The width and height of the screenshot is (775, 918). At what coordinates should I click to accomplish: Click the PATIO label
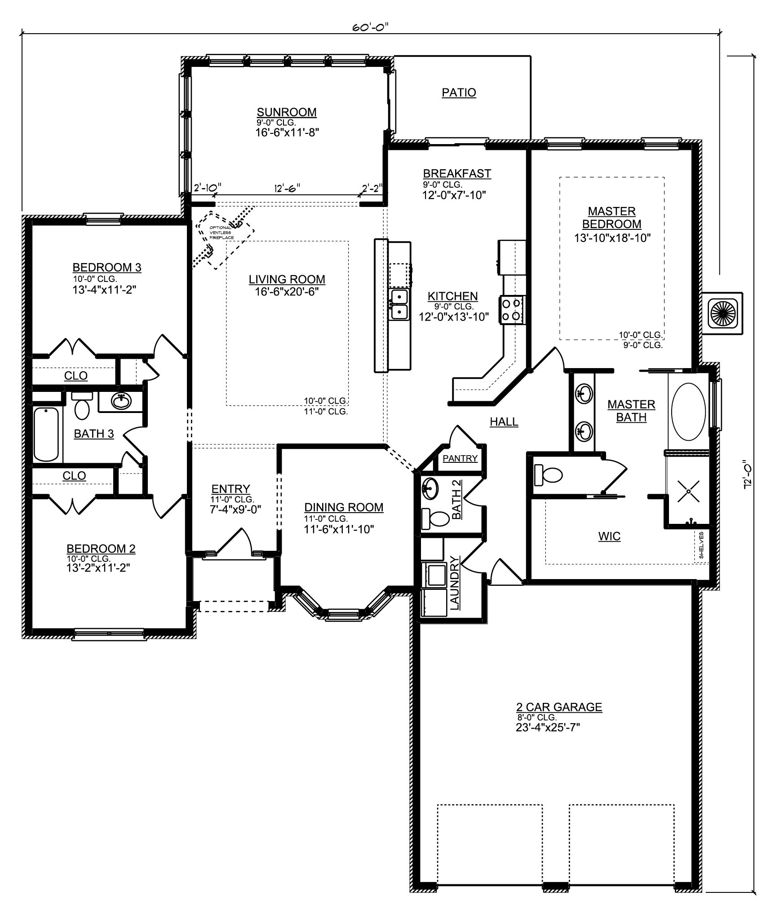(x=459, y=92)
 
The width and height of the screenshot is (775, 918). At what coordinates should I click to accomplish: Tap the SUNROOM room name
(x=287, y=112)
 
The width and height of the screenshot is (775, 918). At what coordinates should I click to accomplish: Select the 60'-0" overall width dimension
(x=370, y=27)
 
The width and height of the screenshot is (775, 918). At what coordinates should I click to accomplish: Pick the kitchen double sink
(x=399, y=304)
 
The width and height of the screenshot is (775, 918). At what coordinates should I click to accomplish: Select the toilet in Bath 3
(x=82, y=405)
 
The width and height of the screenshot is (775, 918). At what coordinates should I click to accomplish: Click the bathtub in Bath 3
(x=46, y=434)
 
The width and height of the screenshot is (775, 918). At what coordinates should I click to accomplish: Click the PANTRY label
(x=460, y=458)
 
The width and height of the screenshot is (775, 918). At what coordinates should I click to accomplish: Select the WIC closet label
(x=609, y=536)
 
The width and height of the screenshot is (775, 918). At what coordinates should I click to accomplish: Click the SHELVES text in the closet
(x=701, y=545)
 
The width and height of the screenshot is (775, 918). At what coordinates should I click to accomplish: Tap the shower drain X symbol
(x=688, y=491)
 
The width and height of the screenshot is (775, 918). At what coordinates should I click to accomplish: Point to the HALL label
(x=504, y=422)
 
